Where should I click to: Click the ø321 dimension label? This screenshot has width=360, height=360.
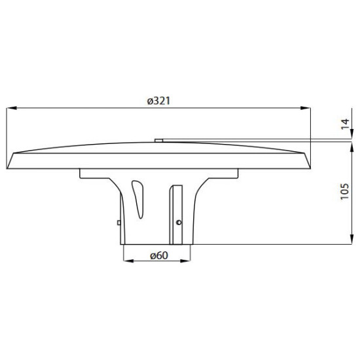[158, 101]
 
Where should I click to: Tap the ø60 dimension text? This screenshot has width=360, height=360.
[159, 255]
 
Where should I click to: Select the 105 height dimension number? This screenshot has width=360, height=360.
[344, 192]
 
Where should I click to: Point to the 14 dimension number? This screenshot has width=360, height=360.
[345, 124]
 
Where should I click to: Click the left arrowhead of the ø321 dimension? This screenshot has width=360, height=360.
[12, 108]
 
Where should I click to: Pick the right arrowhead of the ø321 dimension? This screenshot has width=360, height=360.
[306, 108]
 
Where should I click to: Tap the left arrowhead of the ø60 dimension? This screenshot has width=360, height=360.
[128, 261]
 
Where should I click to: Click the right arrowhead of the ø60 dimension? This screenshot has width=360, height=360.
[185, 261]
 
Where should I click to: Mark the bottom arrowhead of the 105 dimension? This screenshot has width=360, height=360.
[351, 239]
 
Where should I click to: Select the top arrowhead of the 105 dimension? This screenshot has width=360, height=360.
[351, 147]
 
